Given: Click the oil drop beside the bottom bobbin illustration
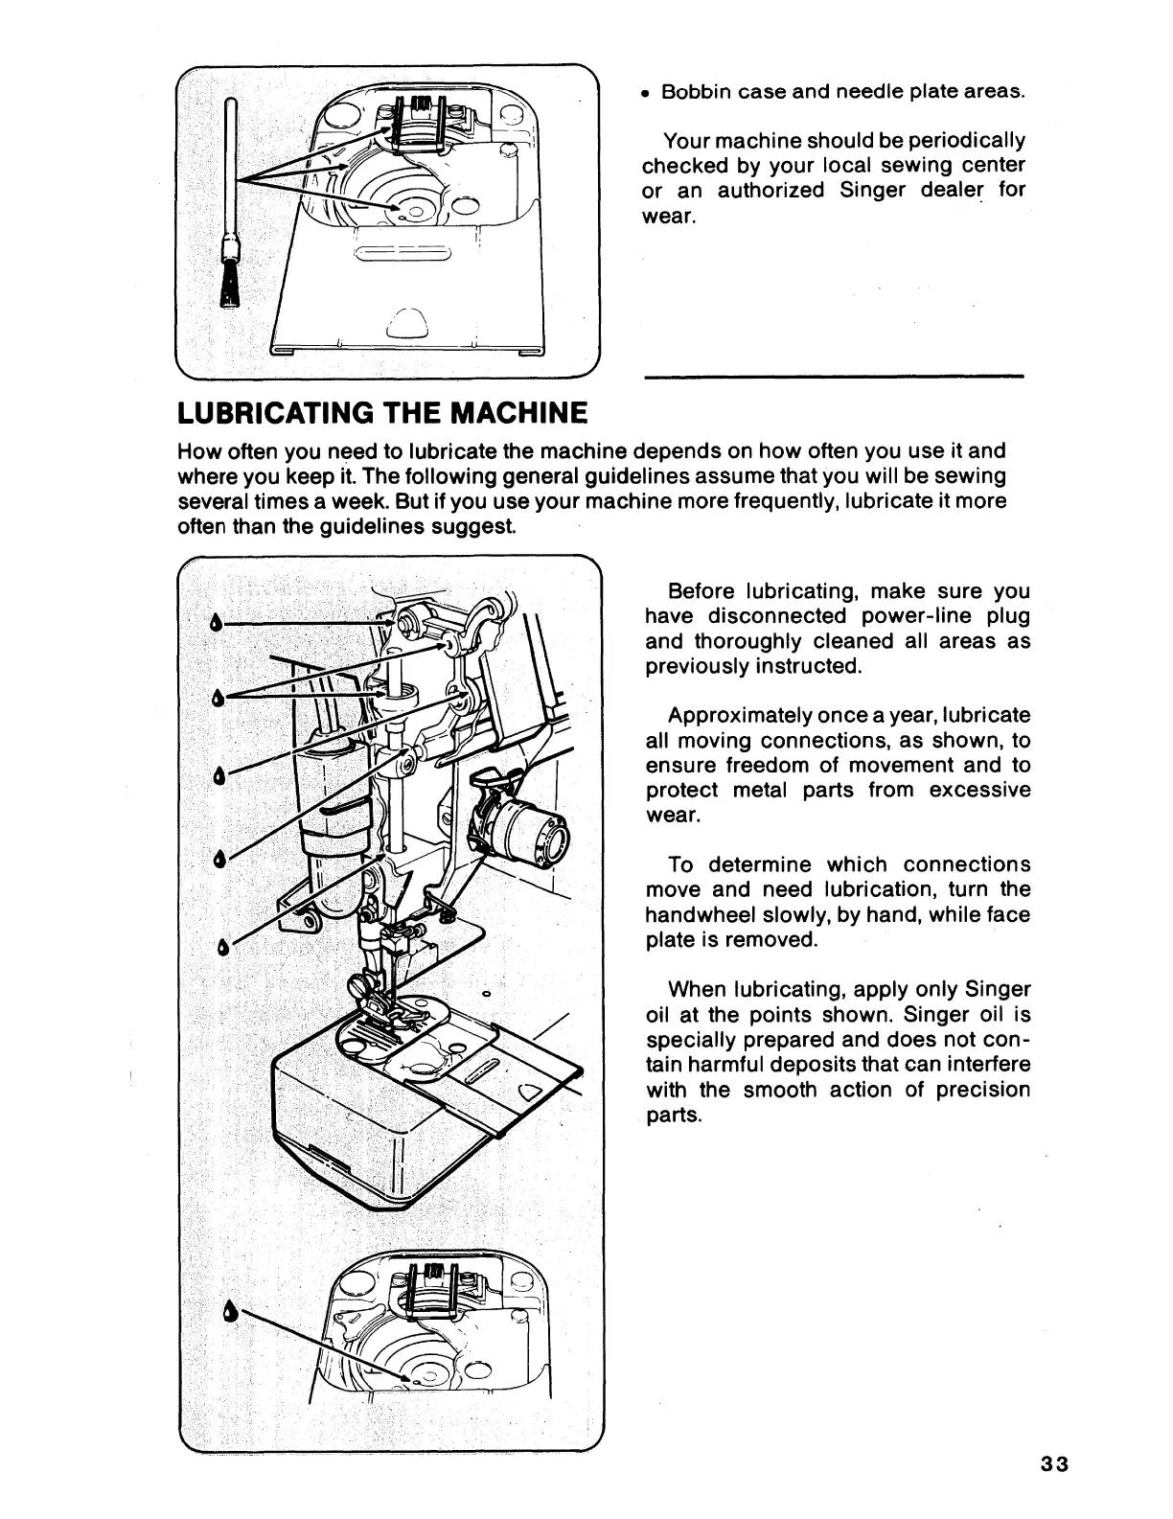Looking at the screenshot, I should [230, 1310].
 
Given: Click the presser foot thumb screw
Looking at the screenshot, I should [356, 985].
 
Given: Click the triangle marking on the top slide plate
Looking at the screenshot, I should [404, 323].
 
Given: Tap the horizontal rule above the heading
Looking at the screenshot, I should [834, 377].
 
